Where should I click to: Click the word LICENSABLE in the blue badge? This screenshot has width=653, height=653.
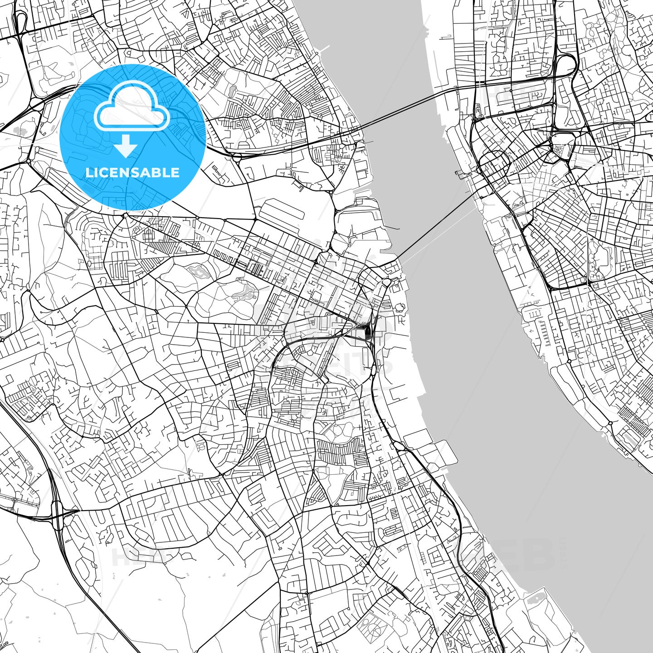click(132, 172)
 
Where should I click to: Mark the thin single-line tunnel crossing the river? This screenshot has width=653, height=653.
click(435, 222)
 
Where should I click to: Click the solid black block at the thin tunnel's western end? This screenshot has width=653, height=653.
click(367, 332)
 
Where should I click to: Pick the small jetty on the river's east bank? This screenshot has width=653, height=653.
click(459, 174)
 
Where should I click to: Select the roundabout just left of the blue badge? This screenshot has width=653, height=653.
click(29, 160)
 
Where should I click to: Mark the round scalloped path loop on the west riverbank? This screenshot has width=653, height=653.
click(400, 307)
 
